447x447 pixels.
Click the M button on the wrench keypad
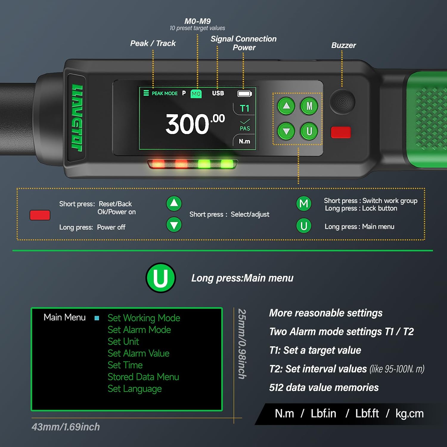[309, 106]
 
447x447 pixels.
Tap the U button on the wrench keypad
[309, 131]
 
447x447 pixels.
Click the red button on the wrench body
[341, 132]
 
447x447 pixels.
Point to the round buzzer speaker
[342, 101]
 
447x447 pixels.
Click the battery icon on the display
[244, 94]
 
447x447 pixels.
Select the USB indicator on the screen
[218, 93]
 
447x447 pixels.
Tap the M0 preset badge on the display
[196, 94]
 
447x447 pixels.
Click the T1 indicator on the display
[244, 108]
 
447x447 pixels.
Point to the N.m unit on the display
[244, 141]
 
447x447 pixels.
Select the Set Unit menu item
[123, 342]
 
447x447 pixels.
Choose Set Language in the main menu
[134, 389]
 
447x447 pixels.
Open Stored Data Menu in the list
[143, 377]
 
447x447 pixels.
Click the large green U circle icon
[161, 278]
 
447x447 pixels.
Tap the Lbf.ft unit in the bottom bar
[367, 414]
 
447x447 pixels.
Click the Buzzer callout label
[343, 45]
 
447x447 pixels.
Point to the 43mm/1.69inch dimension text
[66, 427]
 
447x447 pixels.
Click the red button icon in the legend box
[40, 215]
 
